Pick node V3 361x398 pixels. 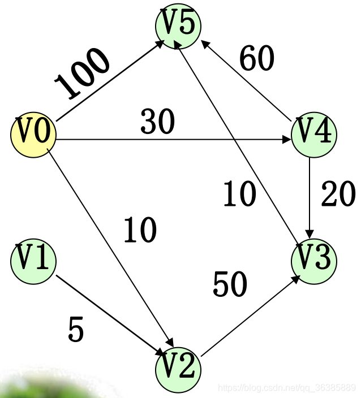point(313,261)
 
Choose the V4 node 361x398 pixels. point(313,134)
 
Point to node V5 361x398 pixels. point(178,25)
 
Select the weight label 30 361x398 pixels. point(157,122)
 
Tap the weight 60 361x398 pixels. point(256,58)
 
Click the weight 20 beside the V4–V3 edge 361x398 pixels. point(338,195)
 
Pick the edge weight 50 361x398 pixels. point(230,284)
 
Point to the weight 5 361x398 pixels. point(75,330)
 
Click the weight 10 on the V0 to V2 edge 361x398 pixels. point(140,230)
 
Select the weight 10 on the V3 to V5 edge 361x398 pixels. point(239,195)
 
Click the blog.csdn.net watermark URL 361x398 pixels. point(286,388)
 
